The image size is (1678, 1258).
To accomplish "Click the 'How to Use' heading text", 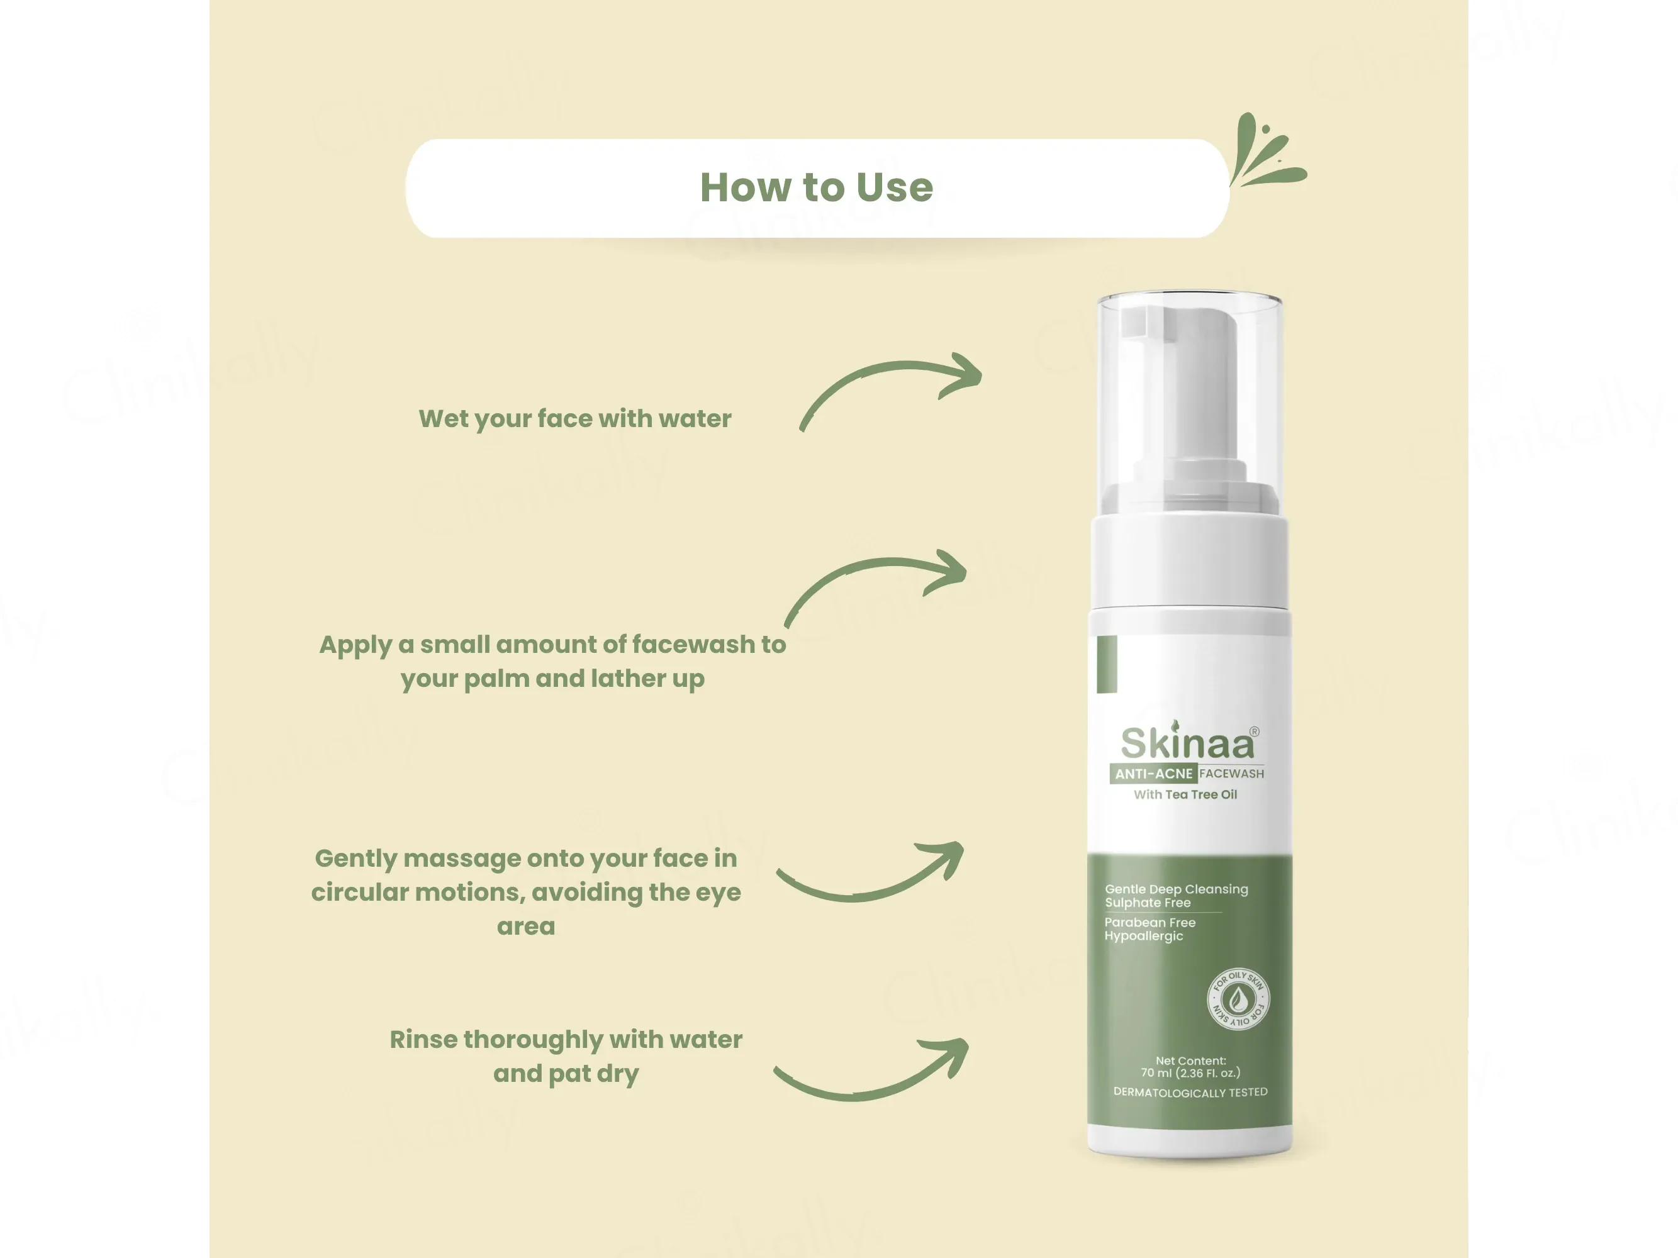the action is (816, 187).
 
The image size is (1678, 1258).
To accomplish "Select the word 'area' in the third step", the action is (526, 927).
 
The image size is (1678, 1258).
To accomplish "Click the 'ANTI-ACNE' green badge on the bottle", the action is (1154, 774).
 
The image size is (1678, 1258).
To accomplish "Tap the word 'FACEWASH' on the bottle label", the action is (1232, 774).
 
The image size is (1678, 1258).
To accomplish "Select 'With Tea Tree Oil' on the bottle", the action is (1186, 794).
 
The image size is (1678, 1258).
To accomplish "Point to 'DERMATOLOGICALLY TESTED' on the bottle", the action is (1190, 1092).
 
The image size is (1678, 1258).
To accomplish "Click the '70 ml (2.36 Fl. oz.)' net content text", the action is (1190, 1073).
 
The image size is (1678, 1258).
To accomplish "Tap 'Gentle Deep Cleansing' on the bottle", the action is (1177, 889).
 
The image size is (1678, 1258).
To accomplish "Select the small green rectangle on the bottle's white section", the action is (1107, 664).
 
